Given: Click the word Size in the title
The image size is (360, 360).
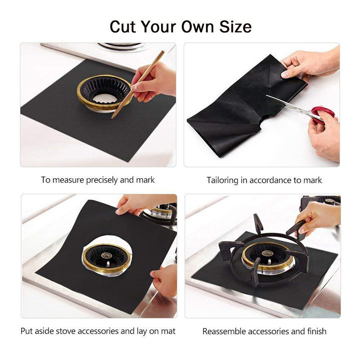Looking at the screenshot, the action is click(235, 27).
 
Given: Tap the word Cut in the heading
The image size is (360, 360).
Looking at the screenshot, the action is click(123, 27).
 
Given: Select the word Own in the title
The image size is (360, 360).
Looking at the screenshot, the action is click(197, 27).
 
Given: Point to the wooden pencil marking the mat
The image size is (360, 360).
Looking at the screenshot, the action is click(138, 84).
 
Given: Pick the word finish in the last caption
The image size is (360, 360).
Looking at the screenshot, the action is click(317, 331).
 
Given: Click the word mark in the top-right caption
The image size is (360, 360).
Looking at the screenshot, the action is click(313, 180).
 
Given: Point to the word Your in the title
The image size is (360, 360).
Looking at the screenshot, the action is click(159, 27).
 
